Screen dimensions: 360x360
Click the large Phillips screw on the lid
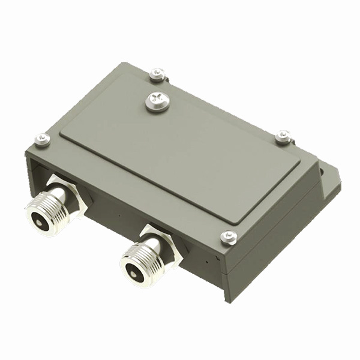click(x=156, y=101)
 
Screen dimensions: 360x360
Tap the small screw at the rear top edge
click(x=157, y=73)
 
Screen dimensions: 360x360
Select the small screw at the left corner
click(x=42, y=140)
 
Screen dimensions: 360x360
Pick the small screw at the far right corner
click(x=283, y=137)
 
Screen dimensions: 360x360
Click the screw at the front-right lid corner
click(x=229, y=237)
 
